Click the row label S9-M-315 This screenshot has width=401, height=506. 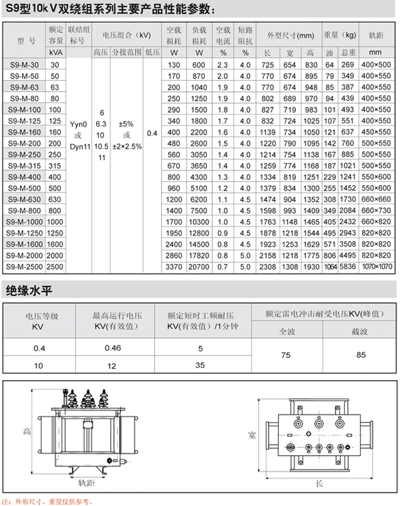[25, 165]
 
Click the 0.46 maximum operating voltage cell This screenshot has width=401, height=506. [112, 348]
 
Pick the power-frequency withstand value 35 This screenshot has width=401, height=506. [200, 365]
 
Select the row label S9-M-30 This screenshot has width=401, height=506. [25, 65]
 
